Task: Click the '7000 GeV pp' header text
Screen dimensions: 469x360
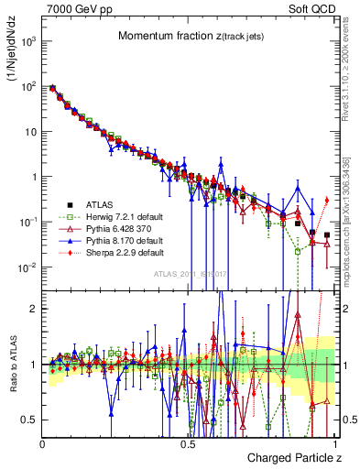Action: click(x=72, y=8)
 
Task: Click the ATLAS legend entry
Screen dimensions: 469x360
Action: click(x=100, y=203)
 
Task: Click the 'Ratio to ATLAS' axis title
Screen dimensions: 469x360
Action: click(x=13, y=364)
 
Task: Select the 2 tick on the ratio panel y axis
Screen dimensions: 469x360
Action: click(x=36, y=309)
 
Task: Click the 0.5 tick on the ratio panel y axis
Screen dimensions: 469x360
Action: click(x=32, y=420)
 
